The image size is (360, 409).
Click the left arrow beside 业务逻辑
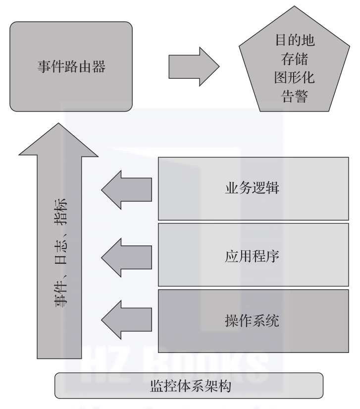coord(126,189)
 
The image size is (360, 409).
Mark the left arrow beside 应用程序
coord(126,256)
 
